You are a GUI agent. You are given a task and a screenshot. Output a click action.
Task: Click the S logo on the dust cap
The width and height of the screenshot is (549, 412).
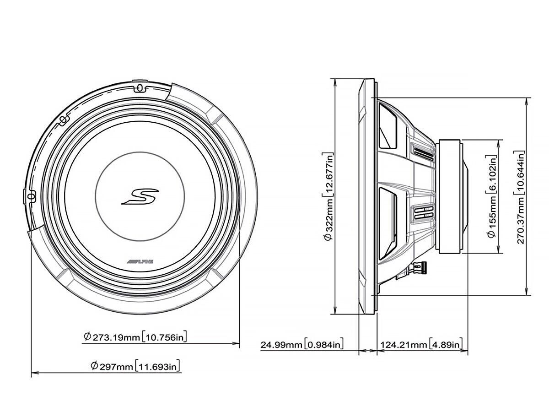point(140,196)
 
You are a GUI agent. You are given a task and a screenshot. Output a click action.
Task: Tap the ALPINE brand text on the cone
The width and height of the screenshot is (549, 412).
point(140,262)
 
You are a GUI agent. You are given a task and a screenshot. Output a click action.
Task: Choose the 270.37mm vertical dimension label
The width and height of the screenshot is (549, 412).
point(521,197)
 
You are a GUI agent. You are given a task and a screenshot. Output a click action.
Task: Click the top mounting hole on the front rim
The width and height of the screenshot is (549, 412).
point(140,86)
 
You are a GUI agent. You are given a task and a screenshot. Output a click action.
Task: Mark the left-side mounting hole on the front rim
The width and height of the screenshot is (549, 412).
point(31,196)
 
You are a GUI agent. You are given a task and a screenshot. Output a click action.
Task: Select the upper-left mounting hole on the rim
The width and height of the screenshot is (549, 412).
point(62,120)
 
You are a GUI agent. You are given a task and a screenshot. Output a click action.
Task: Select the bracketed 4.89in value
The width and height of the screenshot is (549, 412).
point(447,344)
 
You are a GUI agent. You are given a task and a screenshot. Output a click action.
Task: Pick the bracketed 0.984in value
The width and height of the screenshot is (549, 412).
point(324,344)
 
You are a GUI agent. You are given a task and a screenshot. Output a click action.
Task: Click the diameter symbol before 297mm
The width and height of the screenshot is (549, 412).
point(94,366)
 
